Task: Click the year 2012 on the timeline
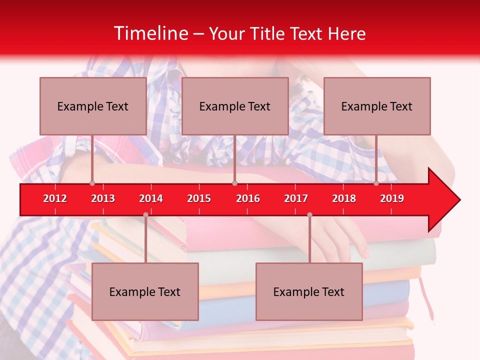[55, 198]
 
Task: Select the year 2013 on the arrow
[103, 198]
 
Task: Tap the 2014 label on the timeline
[151, 198]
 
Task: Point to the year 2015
[199, 198]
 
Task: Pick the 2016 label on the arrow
[248, 198]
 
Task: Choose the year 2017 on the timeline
[296, 198]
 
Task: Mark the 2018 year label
[344, 198]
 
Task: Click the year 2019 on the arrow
[392, 198]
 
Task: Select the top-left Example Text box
[93, 106]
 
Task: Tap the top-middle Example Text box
[235, 106]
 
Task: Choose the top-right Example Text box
[377, 106]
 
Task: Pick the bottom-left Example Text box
[145, 291]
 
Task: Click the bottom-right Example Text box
[309, 291]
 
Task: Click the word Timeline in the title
[150, 33]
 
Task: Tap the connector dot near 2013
[92, 183]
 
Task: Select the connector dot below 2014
[145, 215]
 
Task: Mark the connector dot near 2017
[309, 215]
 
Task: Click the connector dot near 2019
[376, 183]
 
